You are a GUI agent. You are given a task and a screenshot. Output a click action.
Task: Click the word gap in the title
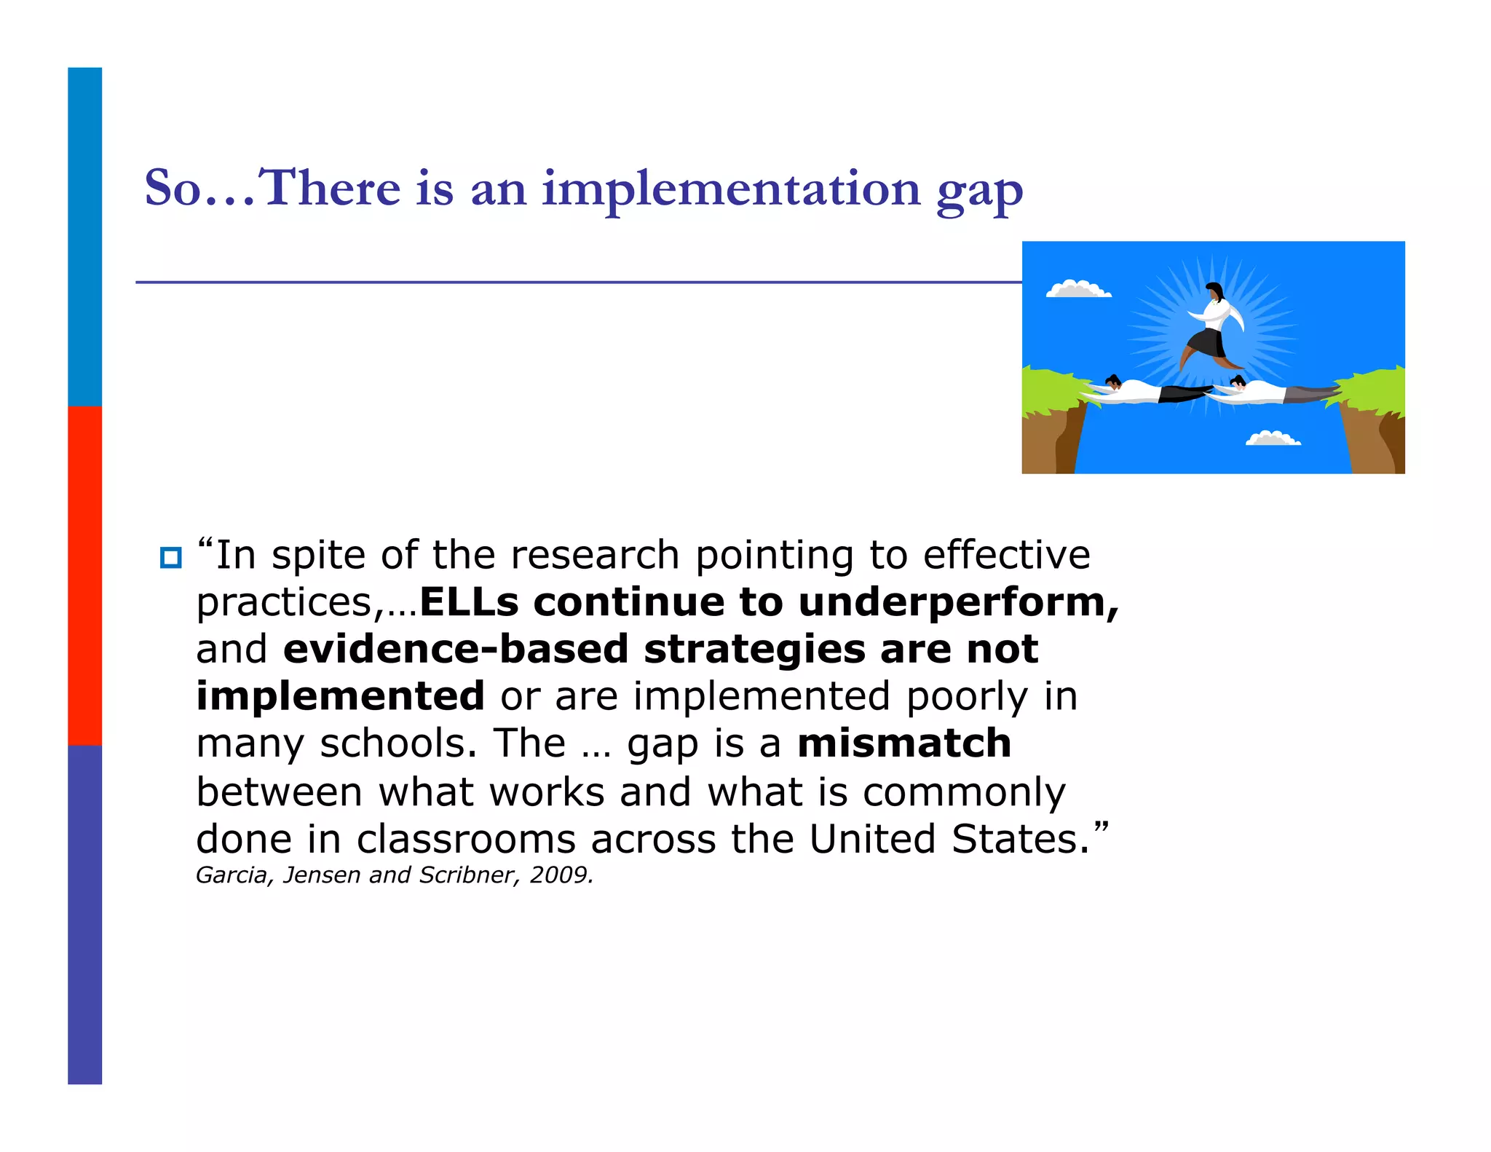point(979,191)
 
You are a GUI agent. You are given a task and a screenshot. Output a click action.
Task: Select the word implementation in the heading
point(731,189)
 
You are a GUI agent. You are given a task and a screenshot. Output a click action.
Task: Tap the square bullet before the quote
point(170,558)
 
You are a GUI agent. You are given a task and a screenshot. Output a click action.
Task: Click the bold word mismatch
point(903,743)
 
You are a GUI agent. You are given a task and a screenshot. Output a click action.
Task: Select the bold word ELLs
point(469,602)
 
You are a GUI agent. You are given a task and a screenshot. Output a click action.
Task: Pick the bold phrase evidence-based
point(455,649)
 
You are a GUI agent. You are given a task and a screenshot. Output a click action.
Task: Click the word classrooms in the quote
point(466,839)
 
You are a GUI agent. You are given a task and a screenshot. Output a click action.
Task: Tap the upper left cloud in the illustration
point(1077,289)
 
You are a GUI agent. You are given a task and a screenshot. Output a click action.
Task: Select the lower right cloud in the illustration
point(1273,438)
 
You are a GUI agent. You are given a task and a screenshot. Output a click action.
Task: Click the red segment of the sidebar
point(84,575)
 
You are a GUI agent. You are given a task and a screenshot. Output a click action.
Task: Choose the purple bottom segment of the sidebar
point(84,914)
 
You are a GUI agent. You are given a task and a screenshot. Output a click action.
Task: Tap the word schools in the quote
point(398,744)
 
